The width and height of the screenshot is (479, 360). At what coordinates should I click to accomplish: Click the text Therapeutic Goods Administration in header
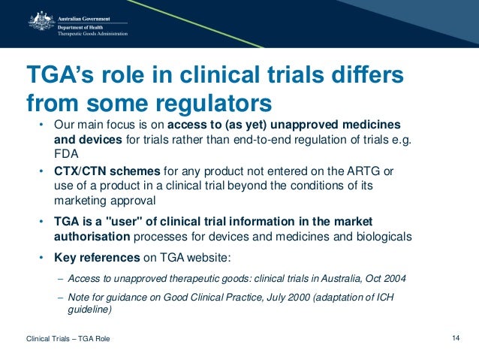tap(93, 33)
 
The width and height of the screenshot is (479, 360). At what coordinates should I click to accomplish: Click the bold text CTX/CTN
tap(78, 171)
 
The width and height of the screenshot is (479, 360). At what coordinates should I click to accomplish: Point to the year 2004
tap(395, 277)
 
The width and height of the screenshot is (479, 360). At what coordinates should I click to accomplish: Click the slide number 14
tap(456, 339)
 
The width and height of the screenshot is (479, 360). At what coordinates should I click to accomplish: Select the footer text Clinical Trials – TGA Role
tap(68, 340)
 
